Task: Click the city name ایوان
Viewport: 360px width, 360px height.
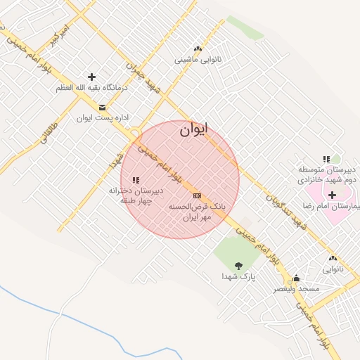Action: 195,129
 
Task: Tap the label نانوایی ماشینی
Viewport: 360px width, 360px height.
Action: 198,60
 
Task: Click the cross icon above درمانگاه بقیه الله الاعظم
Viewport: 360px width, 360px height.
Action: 91,77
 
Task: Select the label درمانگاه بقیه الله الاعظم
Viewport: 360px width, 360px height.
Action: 92,89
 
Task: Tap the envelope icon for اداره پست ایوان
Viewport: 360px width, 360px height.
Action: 103,108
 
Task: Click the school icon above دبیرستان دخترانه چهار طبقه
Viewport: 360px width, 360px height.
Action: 136,180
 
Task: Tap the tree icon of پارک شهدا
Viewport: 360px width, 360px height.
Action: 238,266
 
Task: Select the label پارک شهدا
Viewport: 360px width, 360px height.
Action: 238,277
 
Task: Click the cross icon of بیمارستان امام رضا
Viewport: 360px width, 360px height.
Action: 332,194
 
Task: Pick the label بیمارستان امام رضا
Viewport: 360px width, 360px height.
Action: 330,206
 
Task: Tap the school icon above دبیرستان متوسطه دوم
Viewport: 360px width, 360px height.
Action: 326,160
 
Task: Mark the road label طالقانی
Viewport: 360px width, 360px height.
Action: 49,131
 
